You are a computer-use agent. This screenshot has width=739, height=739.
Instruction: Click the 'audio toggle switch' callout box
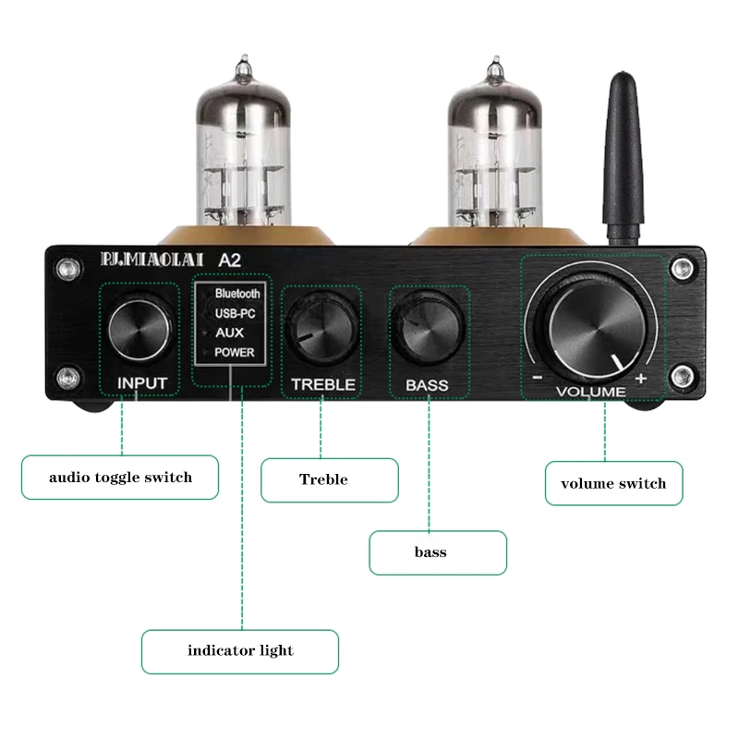coord(120,478)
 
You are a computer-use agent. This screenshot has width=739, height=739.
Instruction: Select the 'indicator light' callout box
coord(240,651)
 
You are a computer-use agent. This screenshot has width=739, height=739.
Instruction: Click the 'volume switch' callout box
coord(613,483)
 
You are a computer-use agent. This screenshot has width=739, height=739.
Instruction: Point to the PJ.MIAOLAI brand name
coord(142,261)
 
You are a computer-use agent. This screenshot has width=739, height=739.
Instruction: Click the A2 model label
coord(228,261)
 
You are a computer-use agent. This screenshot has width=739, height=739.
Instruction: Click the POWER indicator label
coord(234,353)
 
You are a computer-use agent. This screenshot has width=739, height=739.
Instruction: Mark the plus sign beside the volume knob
coord(640,379)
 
